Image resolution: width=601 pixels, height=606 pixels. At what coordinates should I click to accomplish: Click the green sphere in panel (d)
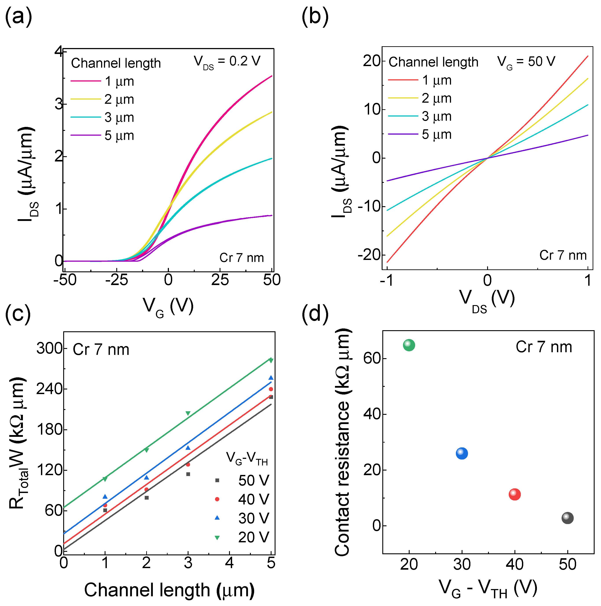(409, 345)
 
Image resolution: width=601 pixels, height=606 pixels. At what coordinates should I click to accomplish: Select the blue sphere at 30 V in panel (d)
(462, 454)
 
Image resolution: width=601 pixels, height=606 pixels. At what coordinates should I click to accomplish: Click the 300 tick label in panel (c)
(49, 348)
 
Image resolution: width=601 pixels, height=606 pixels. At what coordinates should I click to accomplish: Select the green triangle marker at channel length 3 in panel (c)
(188, 414)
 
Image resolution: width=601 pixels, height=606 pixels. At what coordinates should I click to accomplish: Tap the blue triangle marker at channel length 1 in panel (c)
(105, 497)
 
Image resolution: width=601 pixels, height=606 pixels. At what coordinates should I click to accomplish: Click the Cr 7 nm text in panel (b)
(563, 255)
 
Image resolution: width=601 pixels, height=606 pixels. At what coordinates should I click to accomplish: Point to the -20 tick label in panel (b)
(369, 255)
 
